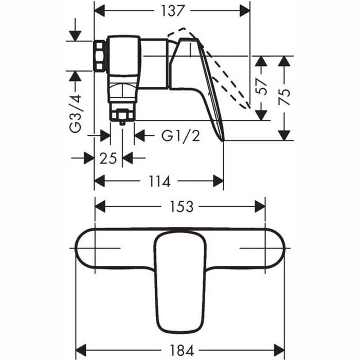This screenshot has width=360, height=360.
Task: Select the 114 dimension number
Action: point(159,181)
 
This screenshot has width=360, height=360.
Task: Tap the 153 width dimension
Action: point(181,207)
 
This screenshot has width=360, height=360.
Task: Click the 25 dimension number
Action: point(109,158)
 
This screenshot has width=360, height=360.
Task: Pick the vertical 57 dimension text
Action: point(262,88)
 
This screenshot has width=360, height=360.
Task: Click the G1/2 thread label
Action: point(180,136)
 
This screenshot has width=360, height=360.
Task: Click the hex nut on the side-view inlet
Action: point(99,56)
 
